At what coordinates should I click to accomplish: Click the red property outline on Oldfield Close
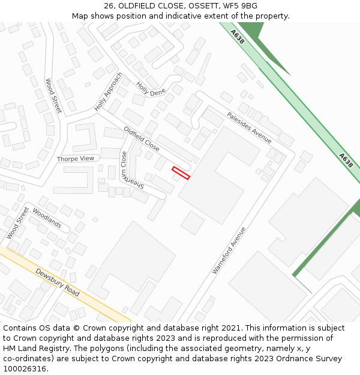click(x=181, y=173)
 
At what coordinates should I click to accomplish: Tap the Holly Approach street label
click(x=109, y=92)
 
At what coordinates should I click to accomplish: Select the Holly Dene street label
click(x=151, y=89)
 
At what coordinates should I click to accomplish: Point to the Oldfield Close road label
click(x=142, y=138)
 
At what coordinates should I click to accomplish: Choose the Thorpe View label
click(x=76, y=158)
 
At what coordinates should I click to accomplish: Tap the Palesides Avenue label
click(x=249, y=128)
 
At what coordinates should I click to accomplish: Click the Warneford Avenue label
click(x=229, y=250)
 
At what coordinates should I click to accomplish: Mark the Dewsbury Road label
click(x=58, y=282)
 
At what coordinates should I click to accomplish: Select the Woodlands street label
click(x=47, y=218)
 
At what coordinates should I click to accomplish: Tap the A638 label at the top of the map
click(x=238, y=37)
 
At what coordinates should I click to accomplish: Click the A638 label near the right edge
click(x=345, y=160)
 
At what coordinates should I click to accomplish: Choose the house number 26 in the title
click(x=109, y=6)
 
